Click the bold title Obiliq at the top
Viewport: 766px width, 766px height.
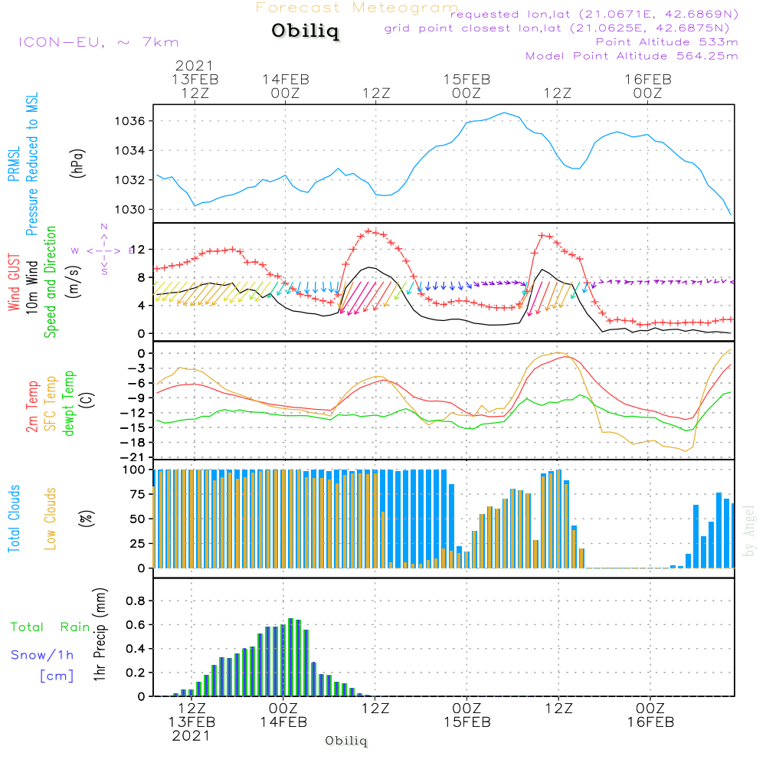click(305, 32)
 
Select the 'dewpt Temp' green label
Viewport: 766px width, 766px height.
click(68, 404)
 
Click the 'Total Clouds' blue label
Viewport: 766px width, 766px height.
click(14, 519)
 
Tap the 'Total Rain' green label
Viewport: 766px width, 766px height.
click(50, 627)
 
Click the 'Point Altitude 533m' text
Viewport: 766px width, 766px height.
click(666, 41)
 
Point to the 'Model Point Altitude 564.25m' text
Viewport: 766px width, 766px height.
click(632, 56)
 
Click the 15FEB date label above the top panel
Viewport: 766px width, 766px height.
click(466, 79)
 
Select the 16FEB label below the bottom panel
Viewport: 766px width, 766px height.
click(650, 722)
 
